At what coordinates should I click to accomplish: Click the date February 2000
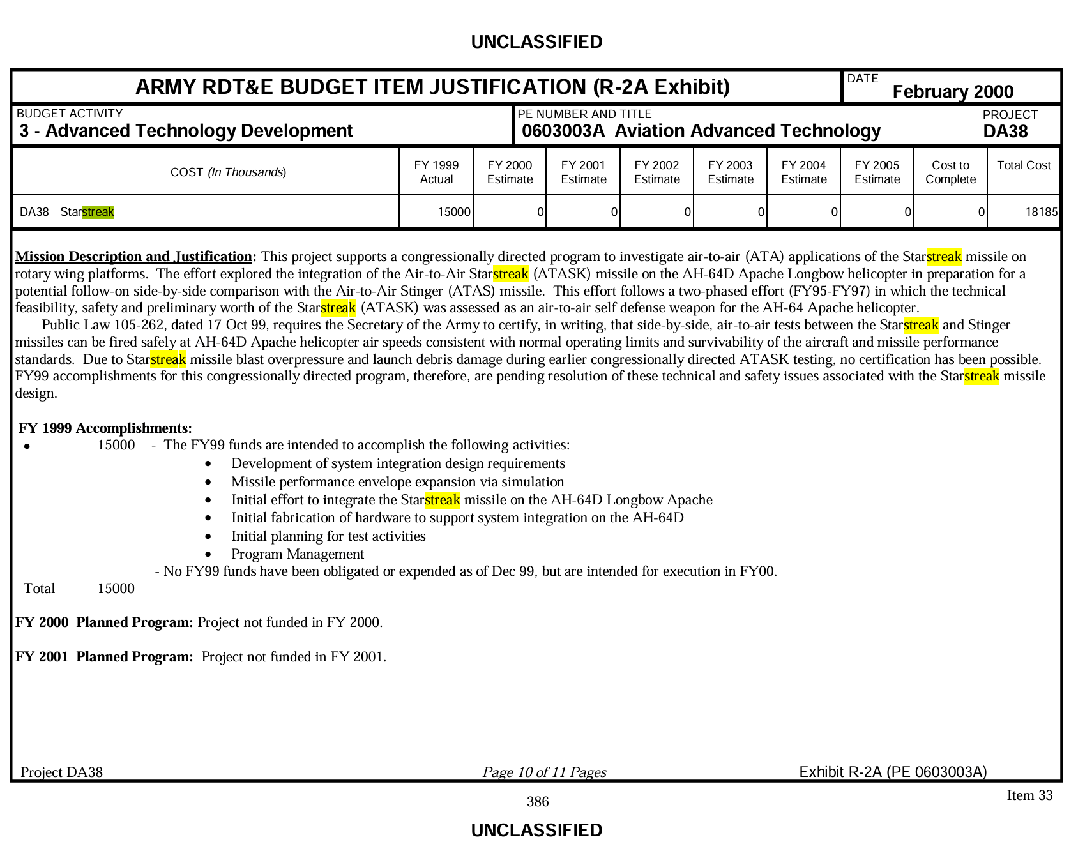tap(952, 92)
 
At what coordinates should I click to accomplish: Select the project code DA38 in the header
tap(1005, 132)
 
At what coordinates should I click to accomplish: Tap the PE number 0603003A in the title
tap(563, 132)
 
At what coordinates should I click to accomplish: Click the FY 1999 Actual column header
tap(436, 172)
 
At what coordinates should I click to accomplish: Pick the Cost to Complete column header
tap(950, 172)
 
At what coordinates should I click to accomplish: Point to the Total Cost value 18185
tap(1041, 212)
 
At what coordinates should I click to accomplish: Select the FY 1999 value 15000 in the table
tap(453, 212)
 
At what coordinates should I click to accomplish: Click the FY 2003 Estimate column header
tap(730, 172)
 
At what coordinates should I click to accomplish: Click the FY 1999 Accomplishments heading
tap(105, 428)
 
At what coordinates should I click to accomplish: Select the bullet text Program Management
tap(298, 554)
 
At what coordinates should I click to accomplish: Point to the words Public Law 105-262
tap(103, 325)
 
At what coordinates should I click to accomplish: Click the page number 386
tap(538, 802)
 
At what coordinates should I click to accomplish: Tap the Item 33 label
tap(1029, 795)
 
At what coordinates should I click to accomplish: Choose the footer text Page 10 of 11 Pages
tap(544, 772)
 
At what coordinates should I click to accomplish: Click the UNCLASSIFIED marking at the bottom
tap(536, 830)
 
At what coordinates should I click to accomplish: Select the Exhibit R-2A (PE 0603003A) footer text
tap(893, 772)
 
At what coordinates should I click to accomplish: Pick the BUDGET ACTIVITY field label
tap(70, 114)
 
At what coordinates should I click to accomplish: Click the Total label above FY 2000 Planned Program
tap(40, 589)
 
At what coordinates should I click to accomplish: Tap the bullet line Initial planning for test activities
tap(328, 536)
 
